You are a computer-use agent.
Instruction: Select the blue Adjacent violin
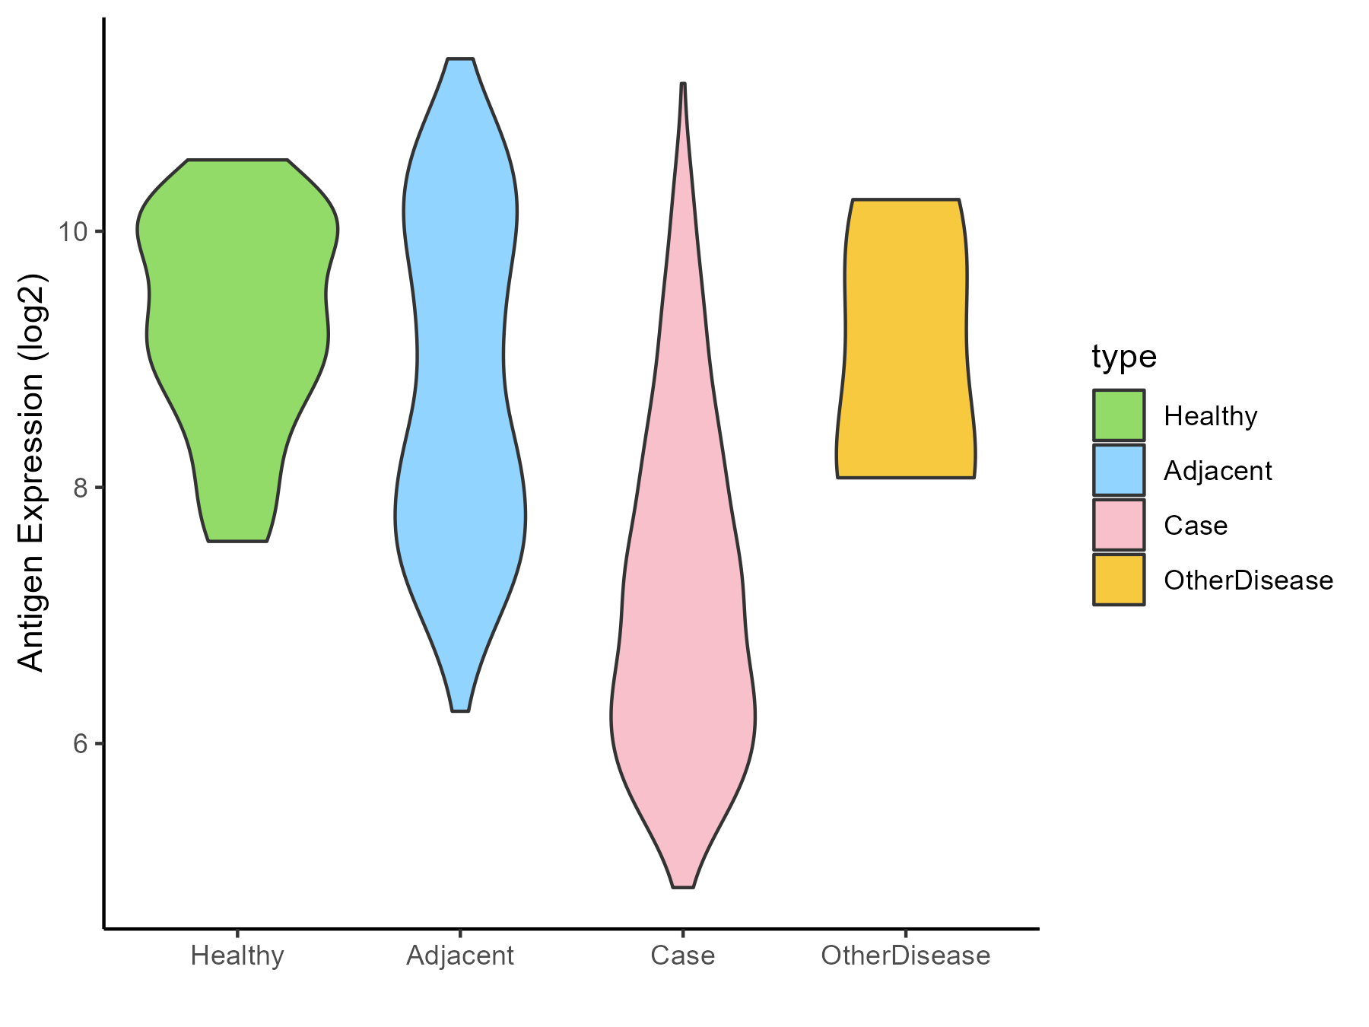pos(460,380)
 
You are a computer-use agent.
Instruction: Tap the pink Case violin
pos(683,609)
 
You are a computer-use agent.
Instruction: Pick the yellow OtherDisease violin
pos(905,339)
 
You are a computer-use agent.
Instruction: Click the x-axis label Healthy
pos(237,955)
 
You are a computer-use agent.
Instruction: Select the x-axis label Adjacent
pos(460,955)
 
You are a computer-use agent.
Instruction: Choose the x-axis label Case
pos(683,955)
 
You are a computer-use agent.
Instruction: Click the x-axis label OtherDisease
pos(905,955)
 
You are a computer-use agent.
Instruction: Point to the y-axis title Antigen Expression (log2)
pos(32,472)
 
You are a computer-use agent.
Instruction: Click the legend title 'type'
pos(1123,357)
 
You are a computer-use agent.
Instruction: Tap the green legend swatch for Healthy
pos(1119,415)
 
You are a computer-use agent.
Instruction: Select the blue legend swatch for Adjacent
pos(1119,470)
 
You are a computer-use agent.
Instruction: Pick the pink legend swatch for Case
pos(1119,525)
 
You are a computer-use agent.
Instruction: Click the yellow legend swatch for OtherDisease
pos(1119,580)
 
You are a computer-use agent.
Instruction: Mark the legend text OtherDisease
pos(1248,580)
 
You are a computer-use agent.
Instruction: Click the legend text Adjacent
pos(1218,471)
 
